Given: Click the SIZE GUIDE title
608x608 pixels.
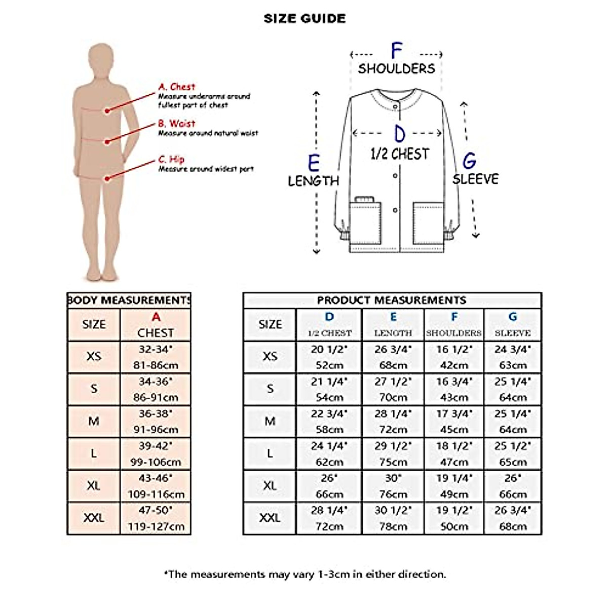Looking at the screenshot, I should coord(305,19).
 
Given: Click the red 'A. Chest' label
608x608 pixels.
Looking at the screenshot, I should coord(176,87).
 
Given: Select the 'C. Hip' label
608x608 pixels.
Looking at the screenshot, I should coord(171,159).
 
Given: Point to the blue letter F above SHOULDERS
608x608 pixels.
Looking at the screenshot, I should coord(396,51).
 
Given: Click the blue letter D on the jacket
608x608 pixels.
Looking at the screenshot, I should coord(400,134).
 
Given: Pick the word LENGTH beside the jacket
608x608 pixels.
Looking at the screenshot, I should coord(313,181).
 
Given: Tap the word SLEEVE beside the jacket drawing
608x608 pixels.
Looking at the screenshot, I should coord(475,179).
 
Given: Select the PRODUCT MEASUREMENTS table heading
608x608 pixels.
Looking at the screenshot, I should coord(392,300).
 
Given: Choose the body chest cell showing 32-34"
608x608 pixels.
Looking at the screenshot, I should coord(156,357).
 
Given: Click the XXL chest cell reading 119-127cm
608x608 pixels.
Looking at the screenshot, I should coord(156,518).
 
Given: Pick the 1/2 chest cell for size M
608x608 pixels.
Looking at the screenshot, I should coord(329,421).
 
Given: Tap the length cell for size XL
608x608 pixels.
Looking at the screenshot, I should coord(393,486).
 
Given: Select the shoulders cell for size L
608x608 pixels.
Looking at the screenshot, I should coord(454,453).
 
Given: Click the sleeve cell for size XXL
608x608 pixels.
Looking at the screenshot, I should coord(513,518).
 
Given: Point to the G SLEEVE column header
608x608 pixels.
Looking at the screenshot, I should coord(513,324).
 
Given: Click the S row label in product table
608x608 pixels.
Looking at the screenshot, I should coord(270,389).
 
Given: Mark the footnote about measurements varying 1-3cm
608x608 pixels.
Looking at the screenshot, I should coord(305,574).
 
